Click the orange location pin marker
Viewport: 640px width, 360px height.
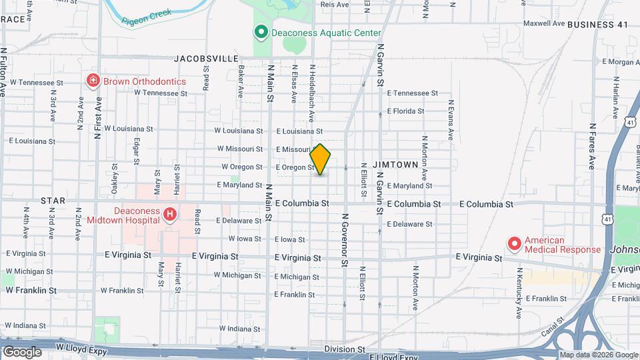tap(321, 159)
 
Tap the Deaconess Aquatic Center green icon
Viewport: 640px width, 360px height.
tap(261, 32)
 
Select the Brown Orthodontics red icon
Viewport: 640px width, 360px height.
tap(93, 81)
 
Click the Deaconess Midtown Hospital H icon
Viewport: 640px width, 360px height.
tap(169, 214)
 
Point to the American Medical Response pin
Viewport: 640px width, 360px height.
tap(514, 244)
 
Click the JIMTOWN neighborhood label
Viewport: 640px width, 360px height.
tap(395, 164)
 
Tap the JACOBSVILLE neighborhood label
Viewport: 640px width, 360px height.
tap(206, 59)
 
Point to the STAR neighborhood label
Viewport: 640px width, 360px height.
tap(53, 200)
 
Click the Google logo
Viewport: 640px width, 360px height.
tap(22, 351)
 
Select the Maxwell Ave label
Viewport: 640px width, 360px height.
tap(544, 23)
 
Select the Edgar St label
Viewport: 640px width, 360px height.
tap(136, 150)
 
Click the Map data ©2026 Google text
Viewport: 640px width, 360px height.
tap(599, 355)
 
